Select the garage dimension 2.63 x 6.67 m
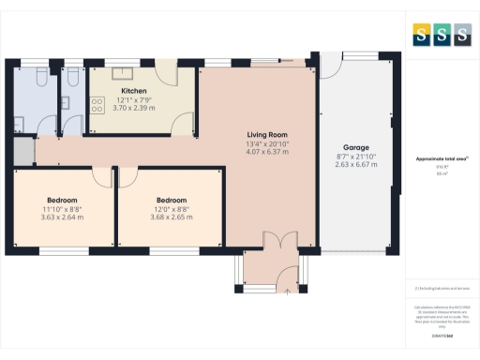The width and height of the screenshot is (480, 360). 356,164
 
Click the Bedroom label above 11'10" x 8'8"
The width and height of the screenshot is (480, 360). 63,200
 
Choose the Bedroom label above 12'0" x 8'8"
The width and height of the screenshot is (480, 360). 172,200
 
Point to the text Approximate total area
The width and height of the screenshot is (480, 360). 441,159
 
